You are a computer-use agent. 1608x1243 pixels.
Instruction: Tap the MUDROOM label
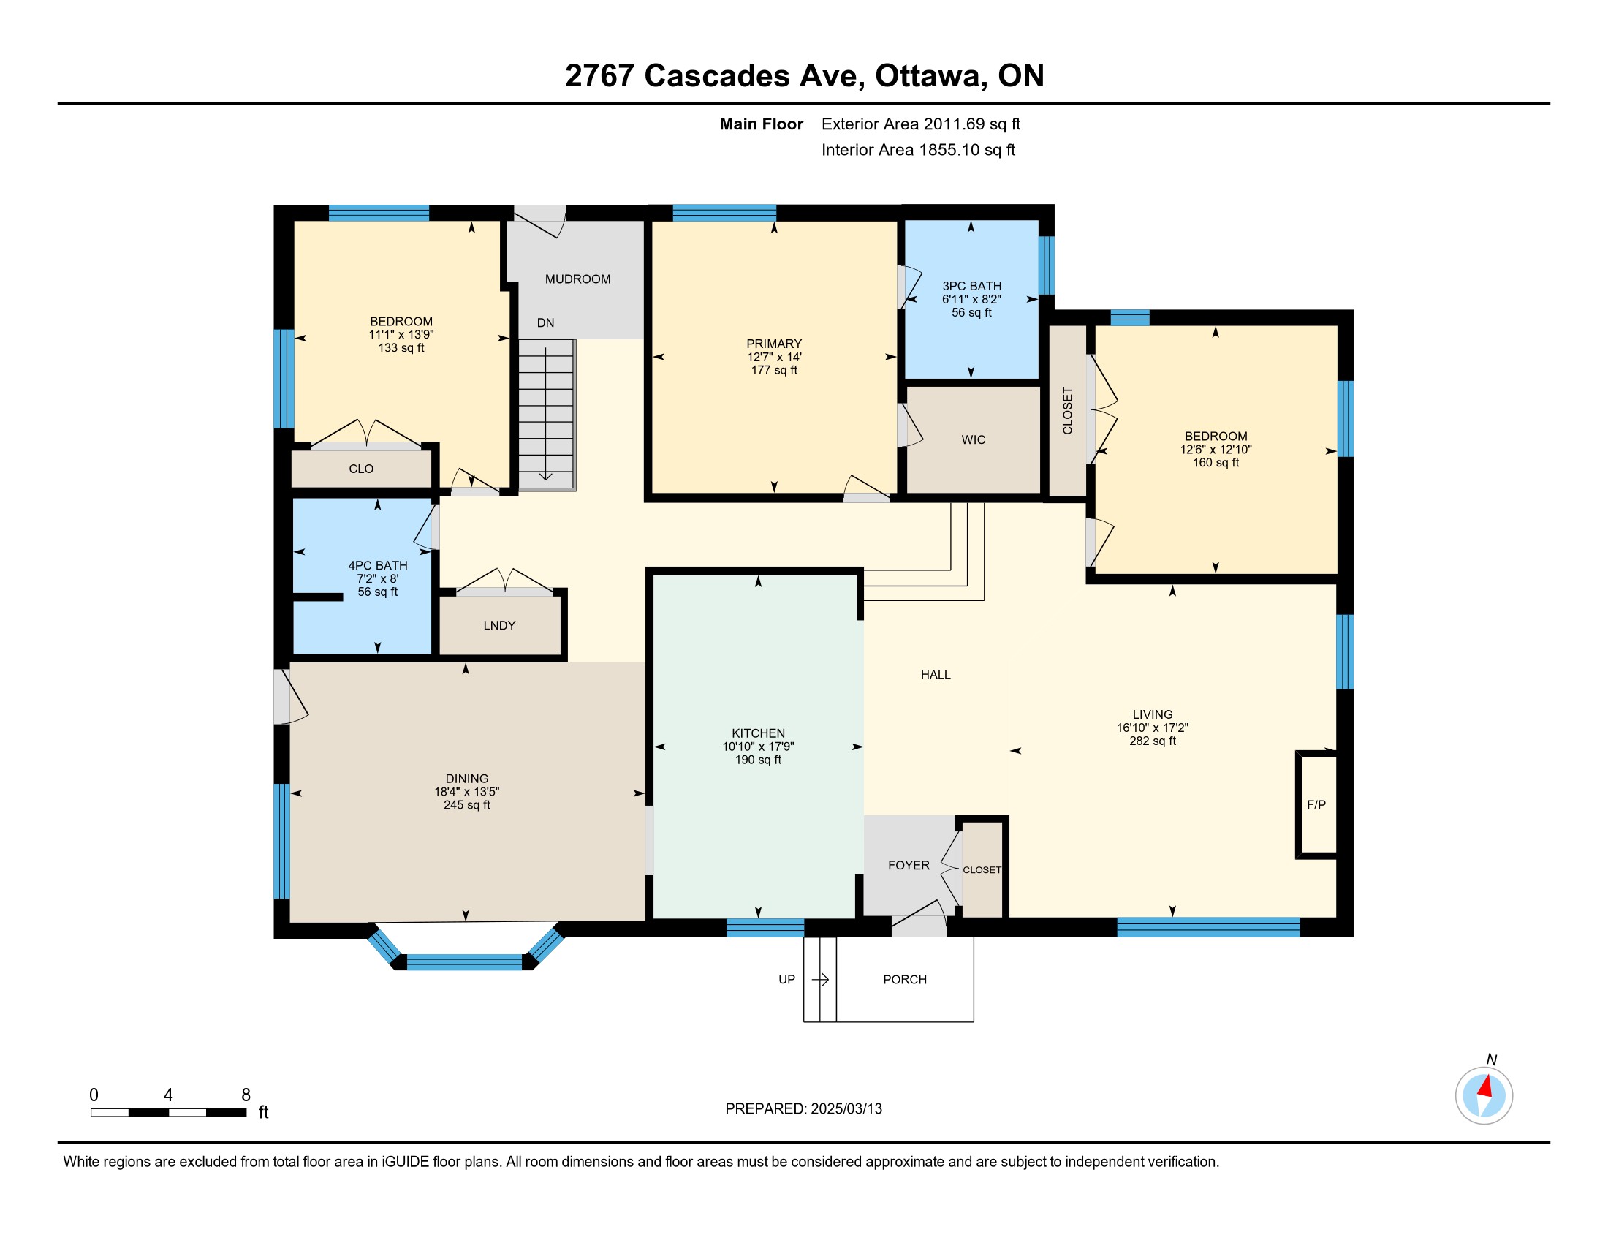(x=578, y=279)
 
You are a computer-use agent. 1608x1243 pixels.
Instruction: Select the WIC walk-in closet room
(x=974, y=439)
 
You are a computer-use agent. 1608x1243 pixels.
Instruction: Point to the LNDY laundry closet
(x=499, y=625)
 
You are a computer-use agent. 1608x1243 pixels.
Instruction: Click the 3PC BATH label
(x=972, y=286)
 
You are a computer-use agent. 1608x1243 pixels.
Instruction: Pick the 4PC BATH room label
(x=378, y=565)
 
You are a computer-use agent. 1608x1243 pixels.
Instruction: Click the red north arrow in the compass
(x=1486, y=1087)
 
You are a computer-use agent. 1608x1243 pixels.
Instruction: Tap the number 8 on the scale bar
(x=246, y=1095)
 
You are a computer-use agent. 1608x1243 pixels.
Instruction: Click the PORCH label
(x=905, y=979)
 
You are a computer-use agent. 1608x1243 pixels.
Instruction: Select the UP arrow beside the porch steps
(x=820, y=979)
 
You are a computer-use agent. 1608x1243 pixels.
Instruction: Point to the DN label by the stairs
(x=545, y=322)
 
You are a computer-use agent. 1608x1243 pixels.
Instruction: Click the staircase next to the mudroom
(x=546, y=414)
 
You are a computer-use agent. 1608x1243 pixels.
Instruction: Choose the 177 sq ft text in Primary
(x=775, y=370)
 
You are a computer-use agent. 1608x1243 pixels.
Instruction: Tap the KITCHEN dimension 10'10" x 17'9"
(x=759, y=746)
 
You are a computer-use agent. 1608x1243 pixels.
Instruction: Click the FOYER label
(x=909, y=865)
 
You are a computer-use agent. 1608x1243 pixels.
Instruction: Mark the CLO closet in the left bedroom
(x=362, y=469)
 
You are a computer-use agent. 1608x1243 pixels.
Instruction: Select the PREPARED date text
(x=803, y=1109)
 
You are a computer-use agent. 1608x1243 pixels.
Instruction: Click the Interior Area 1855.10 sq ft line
(x=918, y=149)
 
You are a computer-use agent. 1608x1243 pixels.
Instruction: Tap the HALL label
(x=936, y=675)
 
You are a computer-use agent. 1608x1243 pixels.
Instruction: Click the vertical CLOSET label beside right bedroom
(x=1068, y=410)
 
